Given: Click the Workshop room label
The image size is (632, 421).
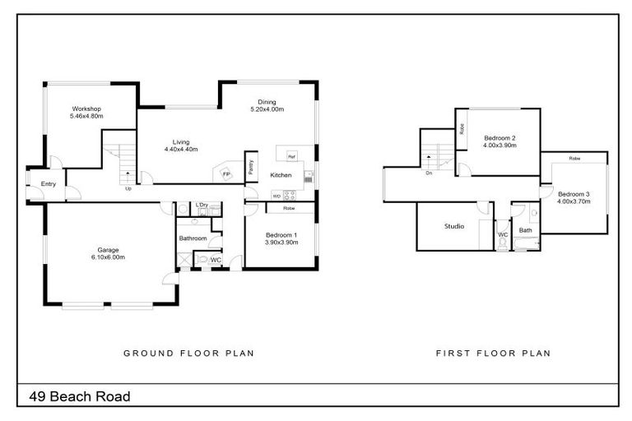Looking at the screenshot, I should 86,109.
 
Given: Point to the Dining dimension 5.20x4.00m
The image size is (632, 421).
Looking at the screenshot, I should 267,109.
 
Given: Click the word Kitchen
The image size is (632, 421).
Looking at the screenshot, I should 281,176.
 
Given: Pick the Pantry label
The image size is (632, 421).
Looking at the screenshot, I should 250,167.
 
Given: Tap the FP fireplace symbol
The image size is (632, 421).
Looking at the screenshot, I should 225,174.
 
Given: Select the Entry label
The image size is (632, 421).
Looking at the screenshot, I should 49,184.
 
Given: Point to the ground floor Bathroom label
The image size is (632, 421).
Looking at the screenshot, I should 193,238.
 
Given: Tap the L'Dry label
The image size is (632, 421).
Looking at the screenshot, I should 202,205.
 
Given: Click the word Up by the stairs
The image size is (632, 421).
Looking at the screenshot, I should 128,189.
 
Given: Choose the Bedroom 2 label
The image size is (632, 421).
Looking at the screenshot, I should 500,137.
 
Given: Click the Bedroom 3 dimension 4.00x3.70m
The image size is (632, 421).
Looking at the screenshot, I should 574,201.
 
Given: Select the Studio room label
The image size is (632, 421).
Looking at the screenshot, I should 454,226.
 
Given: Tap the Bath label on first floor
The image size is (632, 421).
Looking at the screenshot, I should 525,230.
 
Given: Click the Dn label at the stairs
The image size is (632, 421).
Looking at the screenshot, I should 430,173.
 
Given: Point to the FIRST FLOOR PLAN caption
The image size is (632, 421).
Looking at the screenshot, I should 493,354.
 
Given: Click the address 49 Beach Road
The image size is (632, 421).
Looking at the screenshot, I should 80,396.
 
